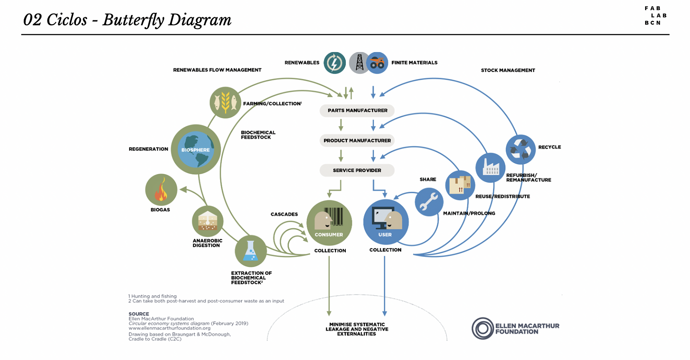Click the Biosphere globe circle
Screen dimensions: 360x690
196,150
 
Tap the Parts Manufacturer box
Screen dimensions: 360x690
357,110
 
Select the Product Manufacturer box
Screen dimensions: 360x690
357,141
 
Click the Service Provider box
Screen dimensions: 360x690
357,170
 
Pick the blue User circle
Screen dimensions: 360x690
386,222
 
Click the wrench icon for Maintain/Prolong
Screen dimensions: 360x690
429,202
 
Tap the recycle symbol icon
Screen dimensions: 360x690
521,149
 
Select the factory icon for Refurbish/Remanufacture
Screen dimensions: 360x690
490,168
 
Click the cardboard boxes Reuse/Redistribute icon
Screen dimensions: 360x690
460,185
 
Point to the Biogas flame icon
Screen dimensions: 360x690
161,190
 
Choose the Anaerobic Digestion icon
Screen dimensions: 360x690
207,221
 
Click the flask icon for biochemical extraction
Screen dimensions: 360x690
251,251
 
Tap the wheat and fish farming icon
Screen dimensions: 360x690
225,102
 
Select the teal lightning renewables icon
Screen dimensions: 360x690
335,63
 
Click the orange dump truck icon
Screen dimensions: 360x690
377,63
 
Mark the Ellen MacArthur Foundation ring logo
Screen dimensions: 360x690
483,328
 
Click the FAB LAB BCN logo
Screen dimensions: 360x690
655,16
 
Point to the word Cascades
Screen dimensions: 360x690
284,214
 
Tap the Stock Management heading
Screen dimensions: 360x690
508,70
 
